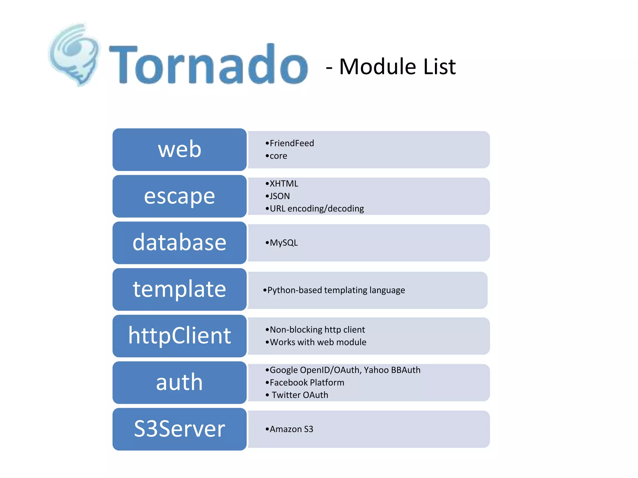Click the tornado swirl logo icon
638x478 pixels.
coord(74,54)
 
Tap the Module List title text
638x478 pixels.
coord(391,67)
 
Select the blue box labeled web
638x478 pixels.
coord(179,149)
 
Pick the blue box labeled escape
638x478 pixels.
coord(179,196)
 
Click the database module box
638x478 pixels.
coord(179,243)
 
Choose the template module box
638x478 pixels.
coord(179,289)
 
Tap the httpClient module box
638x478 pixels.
coord(179,336)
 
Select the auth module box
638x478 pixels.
coord(179,382)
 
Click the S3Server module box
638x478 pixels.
coord(179,429)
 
